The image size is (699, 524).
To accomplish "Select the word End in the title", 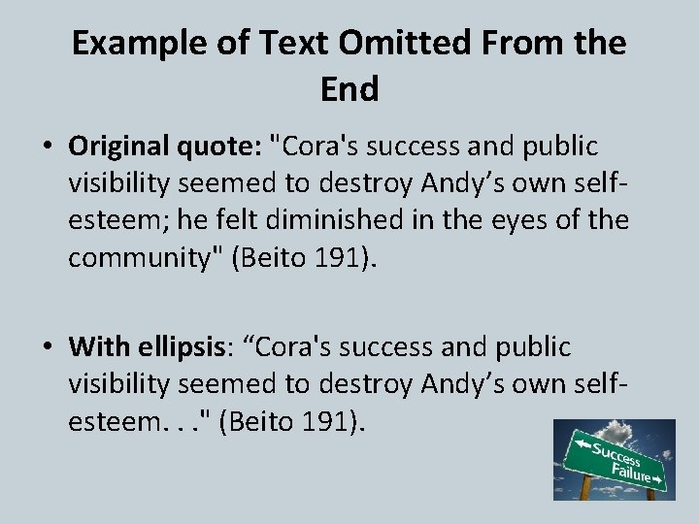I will click(x=349, y=89).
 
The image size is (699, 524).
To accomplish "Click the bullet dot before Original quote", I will click(x=47, y=147).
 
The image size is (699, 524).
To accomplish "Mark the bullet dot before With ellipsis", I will click(x=47, y=346).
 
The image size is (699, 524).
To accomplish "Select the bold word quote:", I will click(x=225, y=146).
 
